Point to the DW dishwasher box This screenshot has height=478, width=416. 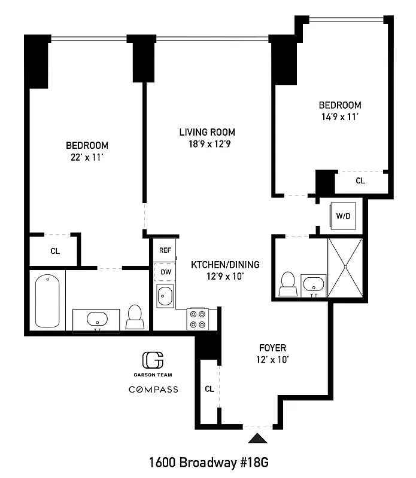tap(166, 272)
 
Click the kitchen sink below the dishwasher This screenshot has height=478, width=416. tap(165, 295)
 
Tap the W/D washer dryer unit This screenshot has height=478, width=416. tap(343, 216)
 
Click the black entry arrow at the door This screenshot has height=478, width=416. tap(258, 439)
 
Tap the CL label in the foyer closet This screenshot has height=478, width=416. tap(209, 389)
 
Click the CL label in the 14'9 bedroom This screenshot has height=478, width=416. tap(360, 180)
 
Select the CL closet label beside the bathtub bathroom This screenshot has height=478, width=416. tap(54, 252)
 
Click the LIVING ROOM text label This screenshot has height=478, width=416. tap(208, 132)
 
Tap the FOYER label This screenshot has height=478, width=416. tap(272, 348)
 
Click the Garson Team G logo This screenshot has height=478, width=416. tap(153, 360)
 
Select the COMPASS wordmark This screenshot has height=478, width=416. tap(153, 390)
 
